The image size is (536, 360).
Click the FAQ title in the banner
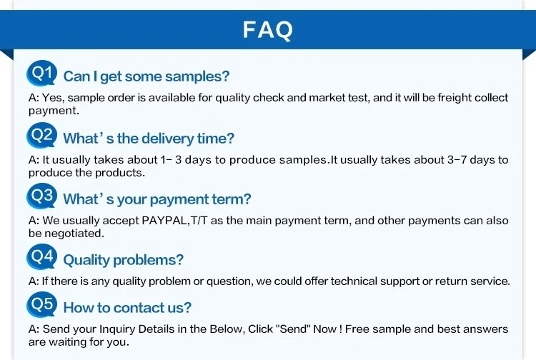coord(268,30)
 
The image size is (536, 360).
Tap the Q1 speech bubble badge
coord(41,73)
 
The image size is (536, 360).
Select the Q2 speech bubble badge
coord(41,135)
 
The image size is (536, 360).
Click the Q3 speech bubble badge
coord(41,196)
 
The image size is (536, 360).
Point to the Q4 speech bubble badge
coord(41,256)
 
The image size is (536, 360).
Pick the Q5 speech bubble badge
coord(41,304)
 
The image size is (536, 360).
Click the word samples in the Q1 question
coord(197,76)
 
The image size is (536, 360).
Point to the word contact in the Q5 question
coord(138,308)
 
